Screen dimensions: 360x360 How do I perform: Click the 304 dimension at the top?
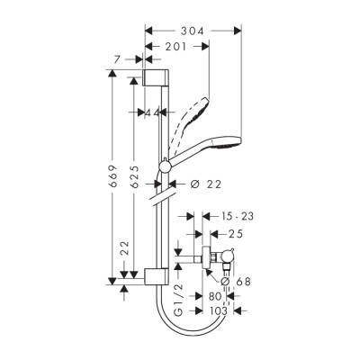(x=193, y=31)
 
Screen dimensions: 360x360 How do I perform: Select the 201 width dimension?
(x=176, y=47)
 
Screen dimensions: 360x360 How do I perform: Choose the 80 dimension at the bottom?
(x=213, y=296)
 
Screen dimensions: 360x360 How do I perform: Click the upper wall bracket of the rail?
(x=155, y=76)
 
